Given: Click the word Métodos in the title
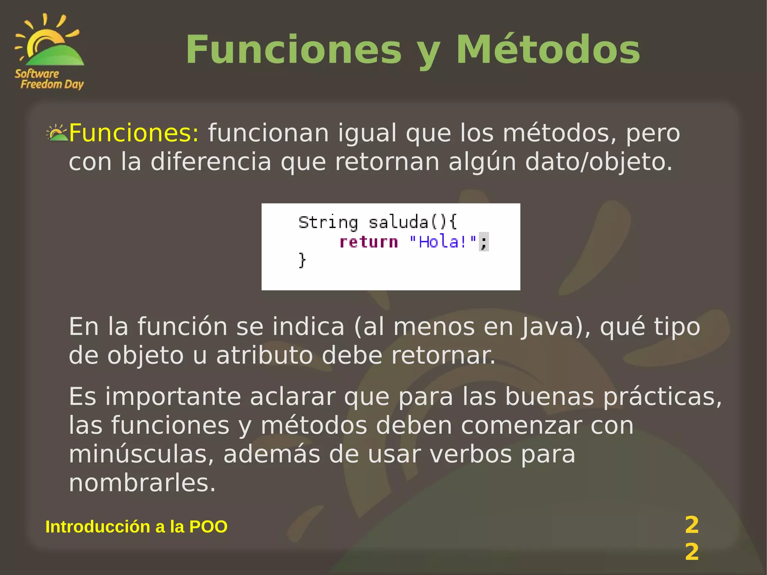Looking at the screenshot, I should pyautogui.click(x=548, y=50).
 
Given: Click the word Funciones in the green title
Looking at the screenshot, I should pyautogui.click(x=294, y=50).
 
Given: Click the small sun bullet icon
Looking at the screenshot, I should pyautogui.click(x=57, y=133).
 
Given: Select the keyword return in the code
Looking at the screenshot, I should pyautogui.click(x=369, y=242).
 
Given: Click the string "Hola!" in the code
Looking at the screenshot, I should pyautogui.click(x=443, y=242).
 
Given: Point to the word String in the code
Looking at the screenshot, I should pyautogui.click(x=328, y=223).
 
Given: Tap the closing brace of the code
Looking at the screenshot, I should pyautogui.click(x=302, y=260).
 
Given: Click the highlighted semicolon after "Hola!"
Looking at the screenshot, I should pyautogui.click(x=484, y=242).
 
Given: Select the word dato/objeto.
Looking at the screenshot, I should pyautogui.click(x=598, y=162).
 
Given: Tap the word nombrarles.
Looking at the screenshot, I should pyautogui.click(x=142, y=483).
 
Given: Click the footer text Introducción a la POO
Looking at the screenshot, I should pyautogui.click(x=136, y=527).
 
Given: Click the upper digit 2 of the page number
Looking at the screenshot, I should pyautogui.click(x=691, y=525).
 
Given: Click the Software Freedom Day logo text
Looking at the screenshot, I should pyautogui.click(x=49, y=79).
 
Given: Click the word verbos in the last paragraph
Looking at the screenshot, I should pyautogui.click(x=470, y=454).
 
